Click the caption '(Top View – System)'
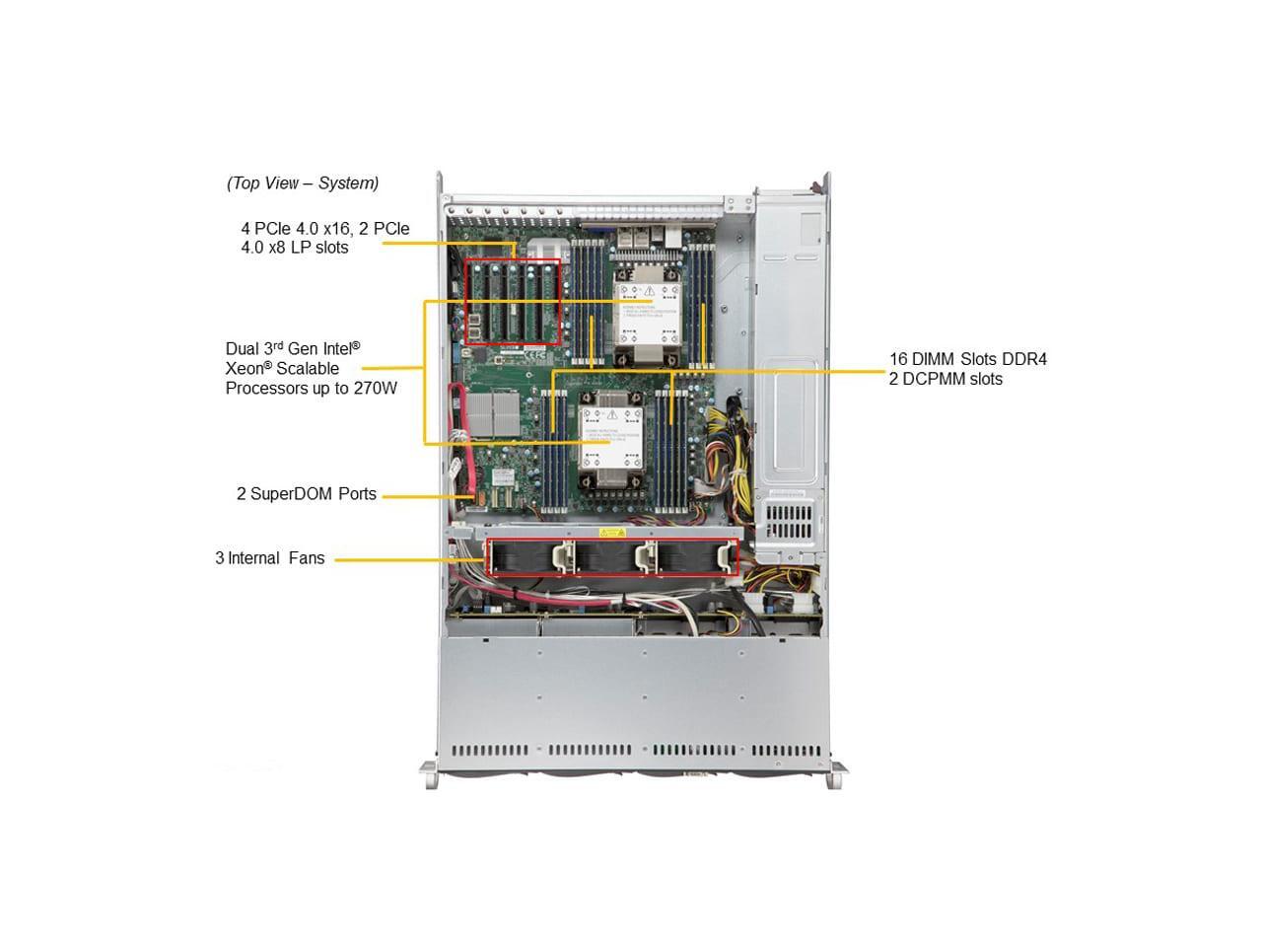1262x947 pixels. tap(303, 182)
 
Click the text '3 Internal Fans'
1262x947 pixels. tap(269, 557)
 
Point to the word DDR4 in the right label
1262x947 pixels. tap(1024, 359)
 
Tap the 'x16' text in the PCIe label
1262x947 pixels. tap(337, 228)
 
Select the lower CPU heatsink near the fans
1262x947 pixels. tap(611, 440)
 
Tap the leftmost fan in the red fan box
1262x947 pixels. tap(524, 557)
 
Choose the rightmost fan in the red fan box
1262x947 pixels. tap(697, 557)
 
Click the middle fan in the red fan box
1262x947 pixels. tap(609, 557)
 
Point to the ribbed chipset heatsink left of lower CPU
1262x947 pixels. tap(493, 413)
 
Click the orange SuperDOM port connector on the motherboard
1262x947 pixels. tap(475, 496)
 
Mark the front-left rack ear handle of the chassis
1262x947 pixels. tap(430, 773)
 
